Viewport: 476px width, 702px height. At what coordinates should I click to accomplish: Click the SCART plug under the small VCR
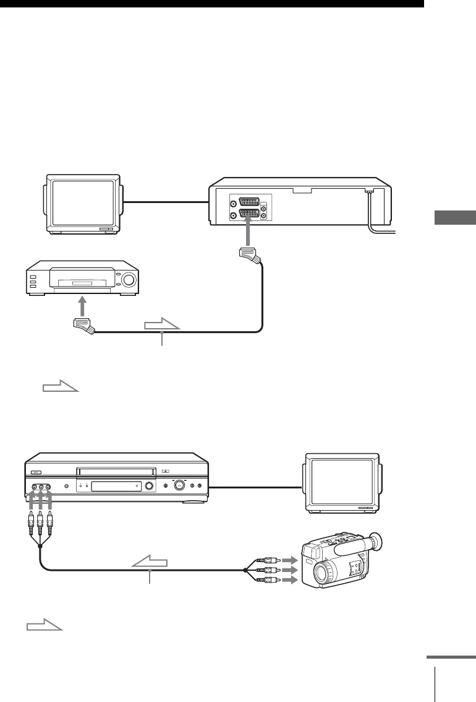[83, 326]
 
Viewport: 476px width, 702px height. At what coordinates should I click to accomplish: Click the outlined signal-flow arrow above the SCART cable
[163, 324]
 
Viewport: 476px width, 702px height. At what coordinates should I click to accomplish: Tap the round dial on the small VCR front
[129, 279]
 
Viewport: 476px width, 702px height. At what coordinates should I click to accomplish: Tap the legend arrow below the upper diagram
[61, 388]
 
